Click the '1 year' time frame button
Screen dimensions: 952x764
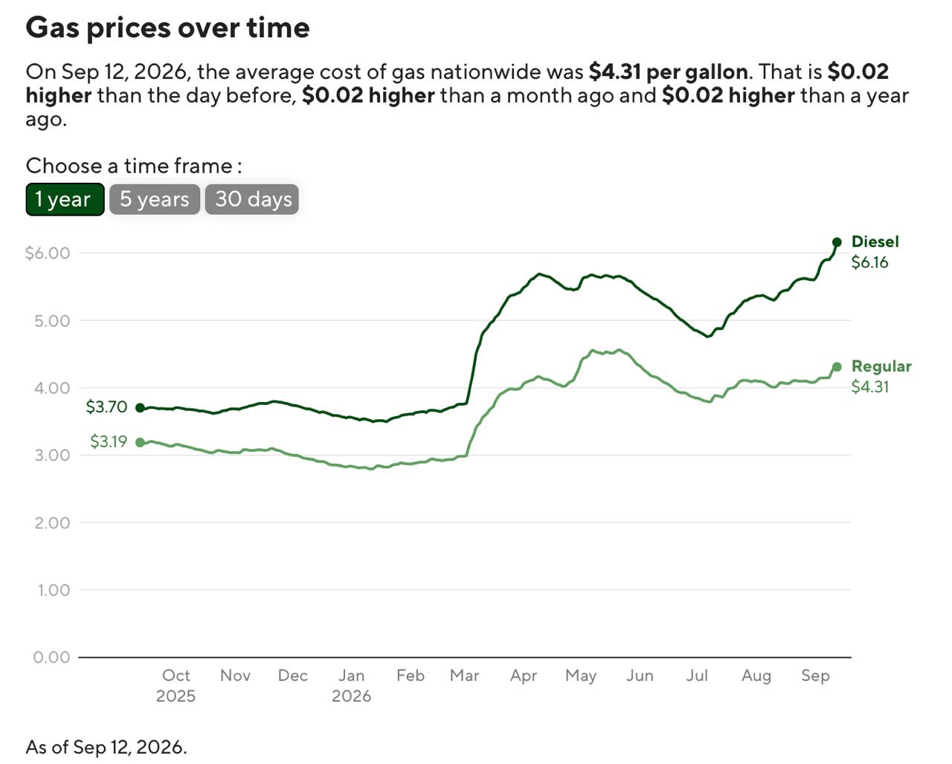65,199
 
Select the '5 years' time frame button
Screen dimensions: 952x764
155,199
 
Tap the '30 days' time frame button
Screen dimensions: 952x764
252,199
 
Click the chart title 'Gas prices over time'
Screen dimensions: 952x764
167,27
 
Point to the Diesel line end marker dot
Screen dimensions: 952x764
837,242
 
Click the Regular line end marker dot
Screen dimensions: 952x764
837,367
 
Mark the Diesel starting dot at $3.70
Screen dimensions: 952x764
140,408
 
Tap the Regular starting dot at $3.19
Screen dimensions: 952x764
140,443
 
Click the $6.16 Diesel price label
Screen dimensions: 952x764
869,262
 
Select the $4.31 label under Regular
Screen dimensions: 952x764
869,387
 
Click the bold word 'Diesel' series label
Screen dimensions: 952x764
875,242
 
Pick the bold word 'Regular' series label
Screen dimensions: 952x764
881,366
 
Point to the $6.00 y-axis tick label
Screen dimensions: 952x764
48,253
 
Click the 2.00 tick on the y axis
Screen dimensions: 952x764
52,522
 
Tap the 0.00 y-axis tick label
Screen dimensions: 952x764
52,657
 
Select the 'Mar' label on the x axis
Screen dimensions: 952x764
465,676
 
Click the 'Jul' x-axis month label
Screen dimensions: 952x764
697,676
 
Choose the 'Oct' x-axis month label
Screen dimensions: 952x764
176,676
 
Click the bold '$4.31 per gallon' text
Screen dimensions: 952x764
668,71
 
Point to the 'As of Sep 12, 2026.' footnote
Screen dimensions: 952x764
106,748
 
